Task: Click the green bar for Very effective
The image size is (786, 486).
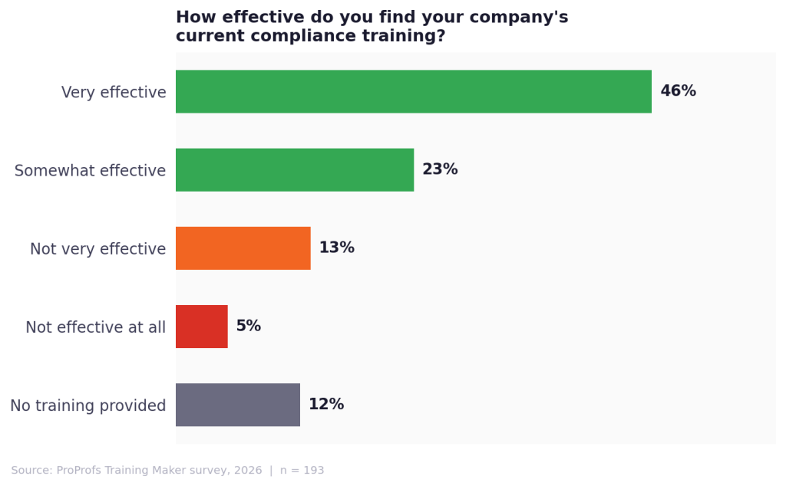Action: (413, 91)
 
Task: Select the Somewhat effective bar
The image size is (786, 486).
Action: (295, 169)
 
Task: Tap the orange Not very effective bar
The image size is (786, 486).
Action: (243, 248)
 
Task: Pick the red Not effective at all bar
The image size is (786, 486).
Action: (201, 326)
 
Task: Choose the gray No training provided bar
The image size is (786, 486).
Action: (237, 404)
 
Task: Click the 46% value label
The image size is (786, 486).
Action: (678, 91)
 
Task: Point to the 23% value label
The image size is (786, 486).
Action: (440, 169)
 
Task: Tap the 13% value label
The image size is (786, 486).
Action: (336, 248)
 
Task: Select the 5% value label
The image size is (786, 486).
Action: (248, 326)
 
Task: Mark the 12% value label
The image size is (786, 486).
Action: (325, 404)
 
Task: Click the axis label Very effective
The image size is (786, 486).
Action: (114, 93)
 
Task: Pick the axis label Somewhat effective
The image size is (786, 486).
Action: (90, 171)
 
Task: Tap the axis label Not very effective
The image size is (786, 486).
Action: (97, 249)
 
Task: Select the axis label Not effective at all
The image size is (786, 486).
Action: (95, 327)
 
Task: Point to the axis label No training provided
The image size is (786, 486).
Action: (88, 406)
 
